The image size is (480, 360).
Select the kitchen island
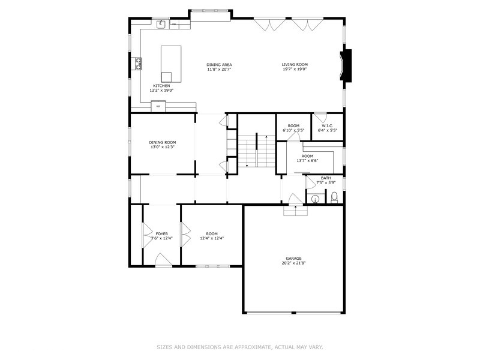(171, 63)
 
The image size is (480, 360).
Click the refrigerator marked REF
(158, 106)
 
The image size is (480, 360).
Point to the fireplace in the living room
(346, 65)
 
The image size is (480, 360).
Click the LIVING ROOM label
(295, 64)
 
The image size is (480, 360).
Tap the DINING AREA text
(219, 64)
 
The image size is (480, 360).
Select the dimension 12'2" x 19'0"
(161, 91)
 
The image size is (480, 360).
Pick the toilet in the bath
(334, 198)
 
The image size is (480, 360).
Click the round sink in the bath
(314, 199)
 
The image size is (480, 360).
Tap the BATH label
(326, 178)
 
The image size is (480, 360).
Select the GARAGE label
(293, 258)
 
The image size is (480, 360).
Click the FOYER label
(161, 233)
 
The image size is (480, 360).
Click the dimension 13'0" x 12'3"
(163, 147)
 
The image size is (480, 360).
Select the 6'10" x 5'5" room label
(293, 130)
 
